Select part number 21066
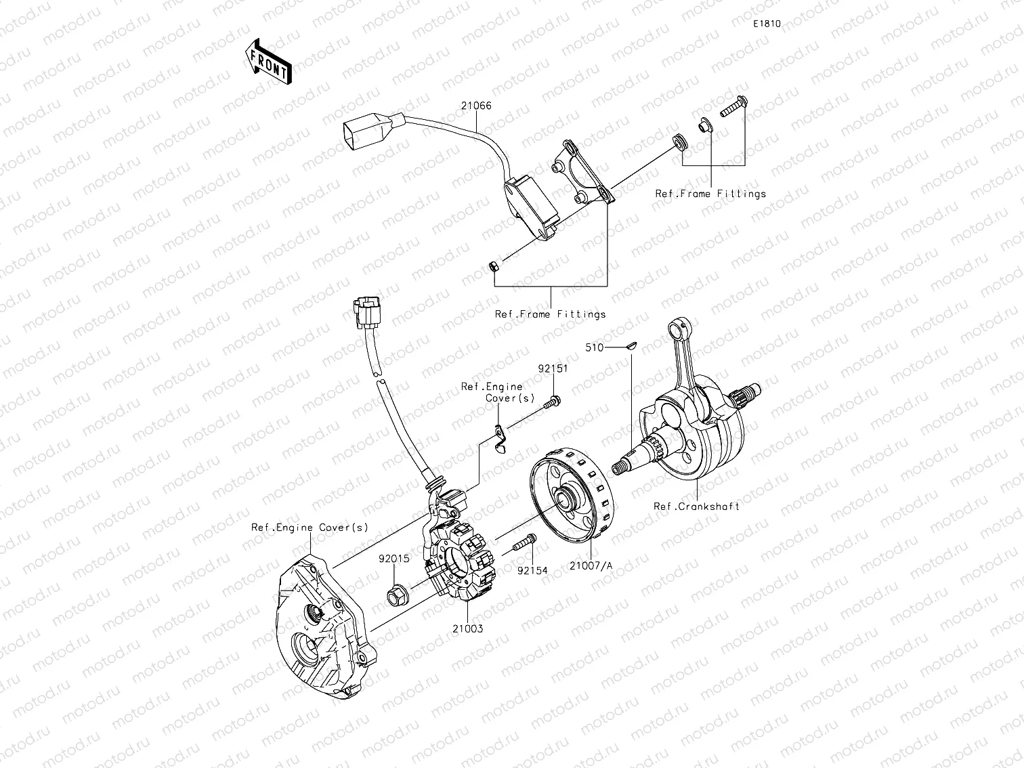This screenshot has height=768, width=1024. point(477,106)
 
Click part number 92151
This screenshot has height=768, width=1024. point(553,369)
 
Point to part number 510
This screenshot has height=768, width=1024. point(594,347)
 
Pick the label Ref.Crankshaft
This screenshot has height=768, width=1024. point(696,507)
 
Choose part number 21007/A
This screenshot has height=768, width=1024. point(591,566)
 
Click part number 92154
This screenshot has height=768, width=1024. point(532,571)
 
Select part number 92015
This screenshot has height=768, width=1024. point(394,559)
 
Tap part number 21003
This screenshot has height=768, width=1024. point(468,628)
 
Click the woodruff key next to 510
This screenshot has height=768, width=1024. point(630,345)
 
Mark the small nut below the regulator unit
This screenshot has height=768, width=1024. point(494,265)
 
